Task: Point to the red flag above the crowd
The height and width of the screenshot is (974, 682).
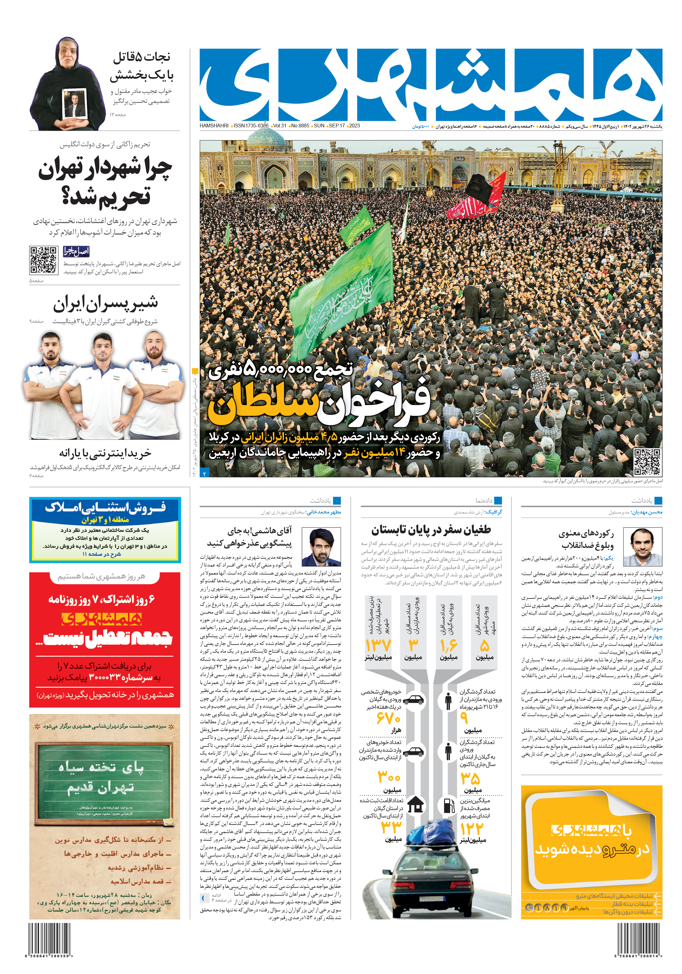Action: click(477, 199)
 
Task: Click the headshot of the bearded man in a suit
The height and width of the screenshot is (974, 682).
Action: click(325, 547)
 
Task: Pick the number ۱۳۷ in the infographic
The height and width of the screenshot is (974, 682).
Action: click(378, 645)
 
